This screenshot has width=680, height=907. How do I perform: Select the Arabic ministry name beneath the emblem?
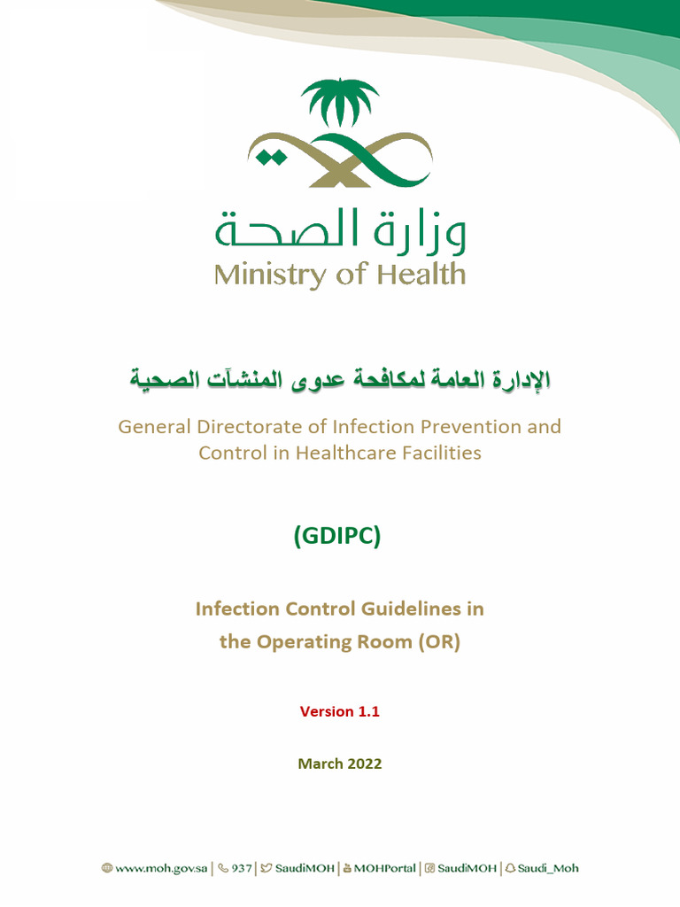340,232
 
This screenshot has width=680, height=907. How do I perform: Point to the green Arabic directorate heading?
340,381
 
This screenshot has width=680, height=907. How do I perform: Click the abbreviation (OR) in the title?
440,642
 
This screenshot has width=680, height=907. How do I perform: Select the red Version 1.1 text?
340,711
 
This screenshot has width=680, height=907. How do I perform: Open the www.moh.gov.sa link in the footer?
160,868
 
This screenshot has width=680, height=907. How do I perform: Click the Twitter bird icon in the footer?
266,868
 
